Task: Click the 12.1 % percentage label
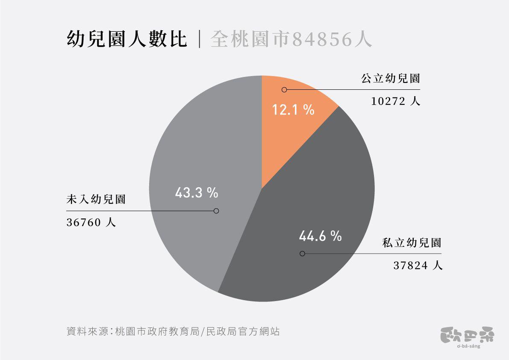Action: coord(294,110)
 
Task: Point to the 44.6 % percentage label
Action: coord(320,236)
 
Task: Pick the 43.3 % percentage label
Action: coord(197,193)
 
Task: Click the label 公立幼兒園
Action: coord(391,79)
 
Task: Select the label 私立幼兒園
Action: coord(412,243)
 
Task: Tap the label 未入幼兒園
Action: coord(96,200)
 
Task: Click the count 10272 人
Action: coord(396,102)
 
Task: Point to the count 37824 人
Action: coord(418,266)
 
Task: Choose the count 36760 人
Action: coord(91,223)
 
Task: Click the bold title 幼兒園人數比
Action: coord(127,40)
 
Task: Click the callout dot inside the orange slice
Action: coord(284,90)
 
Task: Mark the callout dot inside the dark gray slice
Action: coord(302,254)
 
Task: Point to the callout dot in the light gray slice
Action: coord(216,211)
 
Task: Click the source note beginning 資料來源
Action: coord(173,331)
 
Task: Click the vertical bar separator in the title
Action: coord(199,40)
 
